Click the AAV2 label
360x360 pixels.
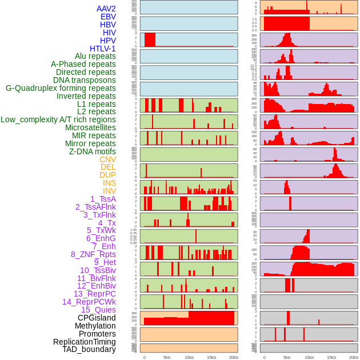click(x=106, y=9)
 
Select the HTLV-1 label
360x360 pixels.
click(x=103, y=49)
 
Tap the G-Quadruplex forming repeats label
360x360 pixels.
click(x=61, y=88)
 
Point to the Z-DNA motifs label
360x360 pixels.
click(x=93, y=151)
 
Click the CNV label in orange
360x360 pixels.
click(x=107, y=159)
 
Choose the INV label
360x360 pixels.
click(x=109, y=191)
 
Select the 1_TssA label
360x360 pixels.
click(x=103, y=199)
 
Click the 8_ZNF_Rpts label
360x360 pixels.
click(x=93, y=254)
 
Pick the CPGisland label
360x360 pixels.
click(x=97, y=318)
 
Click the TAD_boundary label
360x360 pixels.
click(x=89, y=349)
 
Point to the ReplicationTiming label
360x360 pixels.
click(x=85, y=342)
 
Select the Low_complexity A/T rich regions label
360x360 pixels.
click(x=58, y=119)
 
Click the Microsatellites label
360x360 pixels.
click(x=90, y=127)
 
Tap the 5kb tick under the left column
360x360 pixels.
click(x=167, y=357)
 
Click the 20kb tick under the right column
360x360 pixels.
click(x=354, y=357)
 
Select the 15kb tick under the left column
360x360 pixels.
click(x=211, y=357)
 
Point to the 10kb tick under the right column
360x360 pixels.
click(x=309, y=357)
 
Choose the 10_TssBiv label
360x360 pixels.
click(x=98, y=270)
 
